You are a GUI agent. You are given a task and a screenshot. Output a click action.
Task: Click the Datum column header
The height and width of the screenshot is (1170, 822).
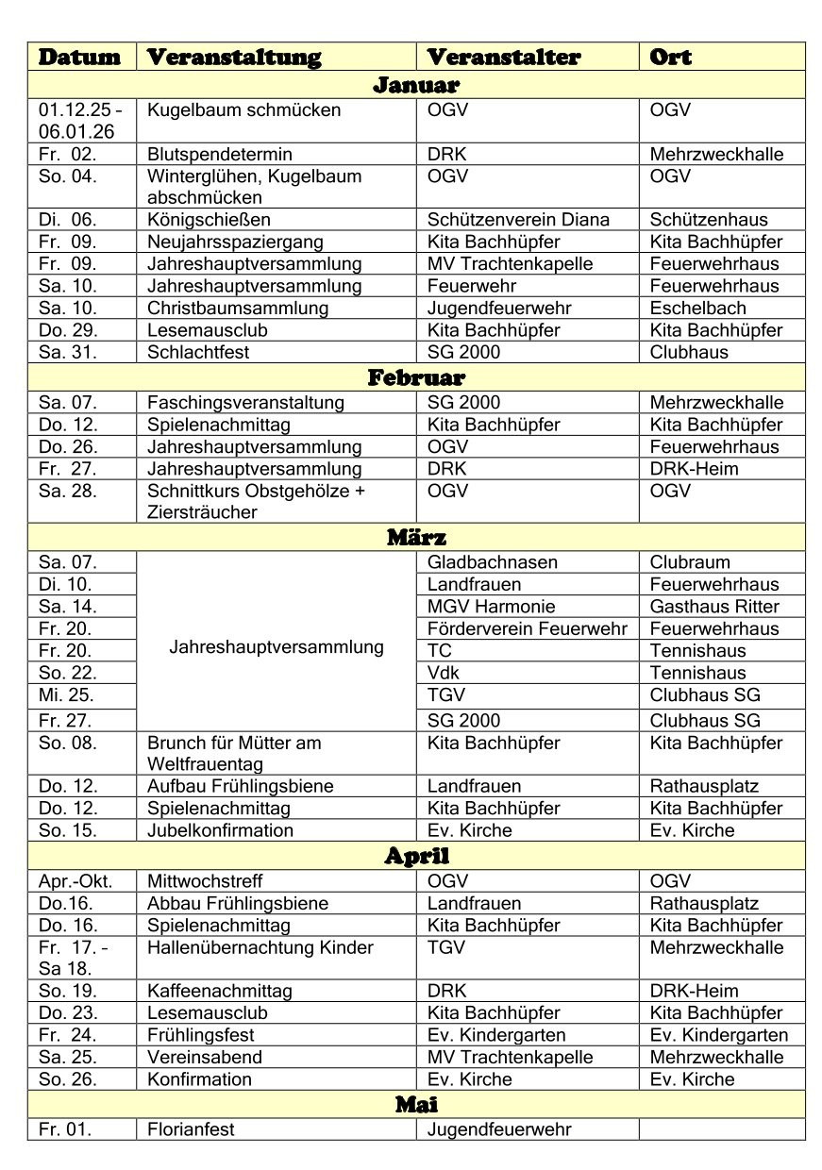pyautogui.click(x=80, y=57)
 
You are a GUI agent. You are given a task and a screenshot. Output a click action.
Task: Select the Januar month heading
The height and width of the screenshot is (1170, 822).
pyautogui.click(x=416, y=85)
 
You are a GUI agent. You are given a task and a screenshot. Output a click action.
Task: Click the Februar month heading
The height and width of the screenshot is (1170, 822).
pyautogui.click(x=416, y=378)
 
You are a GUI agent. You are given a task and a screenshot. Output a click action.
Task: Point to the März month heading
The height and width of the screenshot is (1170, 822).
pyautogui.click(x=416, y=538)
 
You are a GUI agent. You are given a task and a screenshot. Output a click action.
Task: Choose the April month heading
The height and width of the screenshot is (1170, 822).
pyautogui.click(x=416, y=857)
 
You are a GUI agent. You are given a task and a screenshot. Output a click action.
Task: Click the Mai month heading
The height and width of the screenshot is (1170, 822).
pyautogui.click(x=416, y=1104)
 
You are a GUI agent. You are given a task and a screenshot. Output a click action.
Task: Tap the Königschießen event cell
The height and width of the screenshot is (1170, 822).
pyautogui.click(x=195, y=220)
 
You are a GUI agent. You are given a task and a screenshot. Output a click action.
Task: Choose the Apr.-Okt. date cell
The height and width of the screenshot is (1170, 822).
pyautogui.click(x=75, y=881)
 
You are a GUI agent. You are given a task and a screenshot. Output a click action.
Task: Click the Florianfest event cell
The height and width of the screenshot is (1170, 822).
pyautogui.click(x=191, y=1129)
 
